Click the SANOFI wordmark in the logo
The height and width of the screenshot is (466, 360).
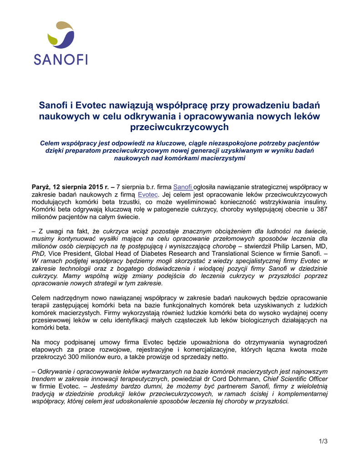pyautogui.click(x=61, y=59)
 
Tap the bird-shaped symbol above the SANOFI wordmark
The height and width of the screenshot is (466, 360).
pyautogui.click(x=61, y=35)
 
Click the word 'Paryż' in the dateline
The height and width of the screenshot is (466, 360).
pyautogui.click(x=40, y=187)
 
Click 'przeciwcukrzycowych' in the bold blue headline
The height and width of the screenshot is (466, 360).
pyautogui.click(x=179, y=127)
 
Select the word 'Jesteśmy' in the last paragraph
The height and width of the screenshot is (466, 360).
pyautogui.click(x=105, y=386)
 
